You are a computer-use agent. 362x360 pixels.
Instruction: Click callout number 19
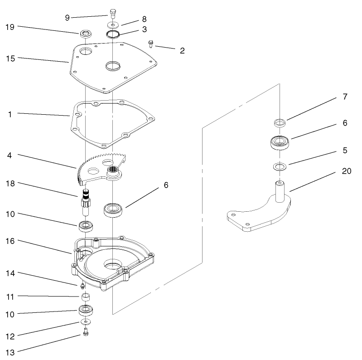tap(10, 27)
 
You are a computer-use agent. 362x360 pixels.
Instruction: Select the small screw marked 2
tap(151, 44)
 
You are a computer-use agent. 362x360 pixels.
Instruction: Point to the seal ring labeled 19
tap(85, 34)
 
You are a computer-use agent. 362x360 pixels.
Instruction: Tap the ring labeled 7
tap(280, 122)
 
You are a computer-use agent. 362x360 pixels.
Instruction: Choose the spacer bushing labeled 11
tap(85, 297)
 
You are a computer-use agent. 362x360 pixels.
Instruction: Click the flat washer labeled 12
tap(85, 321)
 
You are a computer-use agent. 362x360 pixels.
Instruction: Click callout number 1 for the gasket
tap(10, 114)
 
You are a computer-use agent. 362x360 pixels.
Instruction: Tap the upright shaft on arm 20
tap(280, 190)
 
